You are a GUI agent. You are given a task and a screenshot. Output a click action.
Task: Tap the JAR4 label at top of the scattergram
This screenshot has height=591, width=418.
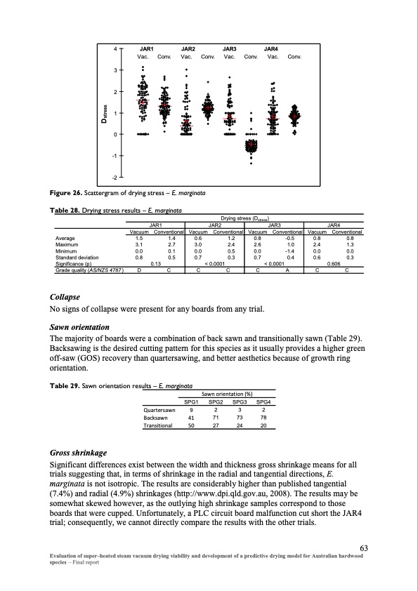(x=271, y=49)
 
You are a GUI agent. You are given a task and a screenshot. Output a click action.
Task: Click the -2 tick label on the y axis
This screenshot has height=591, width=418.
(x=115, y=177)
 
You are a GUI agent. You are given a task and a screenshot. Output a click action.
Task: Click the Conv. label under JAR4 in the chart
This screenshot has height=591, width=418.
(x=294, y=57)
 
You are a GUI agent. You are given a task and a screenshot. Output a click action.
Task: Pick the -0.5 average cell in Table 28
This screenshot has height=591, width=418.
(x=289, y=238)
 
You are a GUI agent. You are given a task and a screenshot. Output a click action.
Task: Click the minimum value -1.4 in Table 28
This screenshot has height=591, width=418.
(x=289, y=251)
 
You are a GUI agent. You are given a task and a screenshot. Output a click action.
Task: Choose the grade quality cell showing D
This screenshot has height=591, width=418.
(x=139, y=270)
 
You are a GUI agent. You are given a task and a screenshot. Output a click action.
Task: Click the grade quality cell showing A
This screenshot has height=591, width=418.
(x=287, y=270)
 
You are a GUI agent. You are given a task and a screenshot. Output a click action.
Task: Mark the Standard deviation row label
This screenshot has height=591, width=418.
(x=77, y=258)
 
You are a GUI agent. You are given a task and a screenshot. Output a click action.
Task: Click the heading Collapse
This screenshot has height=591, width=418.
(x=65, y=297)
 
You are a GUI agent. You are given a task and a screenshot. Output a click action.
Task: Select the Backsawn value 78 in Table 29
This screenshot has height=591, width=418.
(x=263, y=418)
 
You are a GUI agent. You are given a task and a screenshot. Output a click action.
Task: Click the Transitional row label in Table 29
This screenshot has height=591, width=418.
(x=157, y=425)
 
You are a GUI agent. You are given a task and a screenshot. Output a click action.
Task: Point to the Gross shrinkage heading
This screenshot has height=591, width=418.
(x=79, y=453)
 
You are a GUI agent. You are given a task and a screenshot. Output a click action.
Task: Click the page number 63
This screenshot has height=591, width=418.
(x=364, y=548)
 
